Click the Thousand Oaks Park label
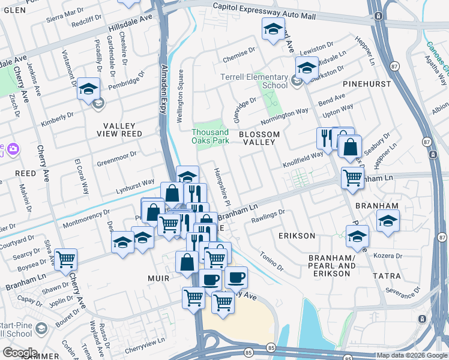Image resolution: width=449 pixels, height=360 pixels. [210, 136]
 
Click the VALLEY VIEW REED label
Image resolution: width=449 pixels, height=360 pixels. [122, 134]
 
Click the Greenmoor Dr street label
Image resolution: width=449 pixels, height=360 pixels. [118, 157]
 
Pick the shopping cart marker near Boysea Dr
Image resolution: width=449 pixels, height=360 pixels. [65, 259]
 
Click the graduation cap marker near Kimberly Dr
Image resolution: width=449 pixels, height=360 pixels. [88, 91]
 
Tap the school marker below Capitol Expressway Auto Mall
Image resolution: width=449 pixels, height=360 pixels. [273, 29]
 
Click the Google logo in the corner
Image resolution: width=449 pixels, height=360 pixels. [19, 353]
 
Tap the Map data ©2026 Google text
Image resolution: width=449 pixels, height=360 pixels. [412, 355]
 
